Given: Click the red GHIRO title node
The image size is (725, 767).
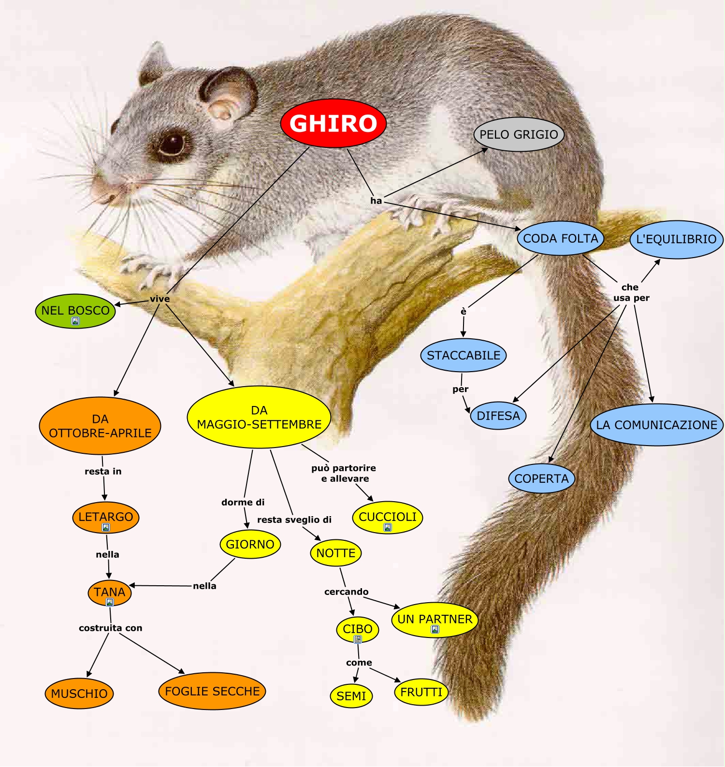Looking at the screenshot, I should [333, 123].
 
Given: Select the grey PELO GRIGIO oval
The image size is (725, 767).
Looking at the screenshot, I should [519, 134].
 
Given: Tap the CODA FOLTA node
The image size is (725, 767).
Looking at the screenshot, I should [560, 238].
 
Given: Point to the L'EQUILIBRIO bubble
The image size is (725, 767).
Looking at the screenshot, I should [676, 239].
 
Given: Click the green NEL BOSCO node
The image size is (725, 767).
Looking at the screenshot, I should [75, 310].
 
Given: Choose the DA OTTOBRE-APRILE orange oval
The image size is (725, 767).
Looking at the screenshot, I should [100, 426].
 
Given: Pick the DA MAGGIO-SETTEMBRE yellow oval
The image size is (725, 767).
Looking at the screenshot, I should [259, 417].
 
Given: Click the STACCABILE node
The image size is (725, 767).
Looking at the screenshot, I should [463, 355].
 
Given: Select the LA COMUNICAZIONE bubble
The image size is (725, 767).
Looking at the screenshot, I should [656, 425].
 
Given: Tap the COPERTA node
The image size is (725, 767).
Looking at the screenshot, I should [541, 478].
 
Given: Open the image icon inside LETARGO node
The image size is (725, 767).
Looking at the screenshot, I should [106, 527].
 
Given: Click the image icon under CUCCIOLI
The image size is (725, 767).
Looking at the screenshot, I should [388, 527].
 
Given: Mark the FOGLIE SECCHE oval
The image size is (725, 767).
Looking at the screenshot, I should [212, 691].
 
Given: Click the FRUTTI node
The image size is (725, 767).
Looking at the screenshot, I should [421, 692].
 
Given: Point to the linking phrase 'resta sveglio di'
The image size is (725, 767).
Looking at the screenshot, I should [294, 520].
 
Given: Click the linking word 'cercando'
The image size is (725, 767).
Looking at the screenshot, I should [346, 592].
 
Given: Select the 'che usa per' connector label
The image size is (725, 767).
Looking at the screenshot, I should [631, 292].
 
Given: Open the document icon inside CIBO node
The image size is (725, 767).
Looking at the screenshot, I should [358, 639].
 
